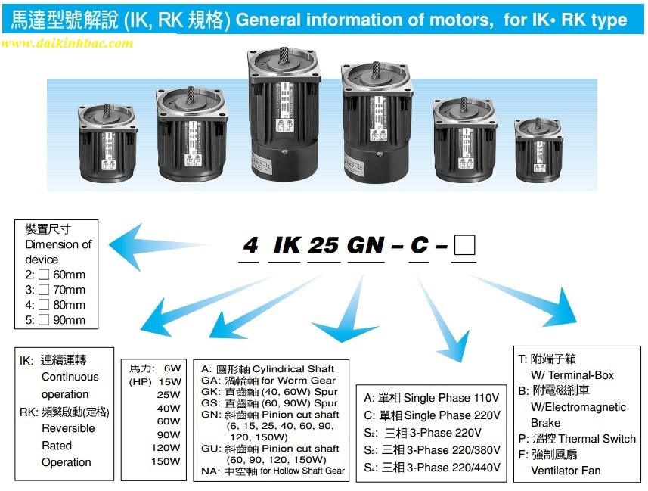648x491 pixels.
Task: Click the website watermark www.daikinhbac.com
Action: click(x=67, y=43)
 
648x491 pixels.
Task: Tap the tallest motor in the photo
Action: click(x=284, y=113)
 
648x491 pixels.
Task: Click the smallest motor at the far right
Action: click(x=538, y=150)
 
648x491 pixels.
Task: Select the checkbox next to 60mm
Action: click(x=44, y=274)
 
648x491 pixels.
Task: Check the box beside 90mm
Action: click(x=44, y=320)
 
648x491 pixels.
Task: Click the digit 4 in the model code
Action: click(x=250, y=245)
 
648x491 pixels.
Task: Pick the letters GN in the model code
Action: click(x=366, y=245)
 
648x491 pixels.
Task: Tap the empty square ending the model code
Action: click(x=464, y=245)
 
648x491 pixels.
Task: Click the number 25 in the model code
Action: click(x=323, y=245)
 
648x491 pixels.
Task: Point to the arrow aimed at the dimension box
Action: click(x=159, y=246)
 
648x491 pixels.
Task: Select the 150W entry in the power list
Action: click(x=166, y=461)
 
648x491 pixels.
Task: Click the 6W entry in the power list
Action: click(x=172, y=368)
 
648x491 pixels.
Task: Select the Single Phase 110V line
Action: click(x=432, y=398)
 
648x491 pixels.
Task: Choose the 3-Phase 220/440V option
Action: click(x=432, y=468)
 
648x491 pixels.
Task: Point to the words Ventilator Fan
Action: click(x=566, y=471)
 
